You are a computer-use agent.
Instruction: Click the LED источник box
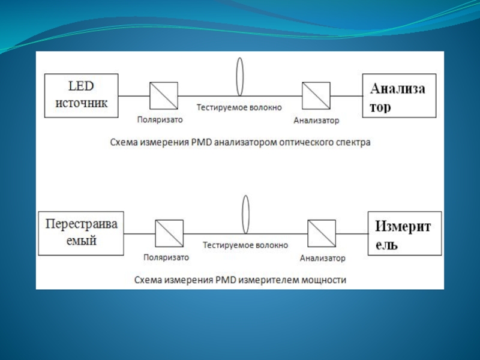(x=82, y=95)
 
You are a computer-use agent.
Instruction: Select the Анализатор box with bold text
(x=399, y=95)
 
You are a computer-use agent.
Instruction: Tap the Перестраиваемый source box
(x=81, y=233)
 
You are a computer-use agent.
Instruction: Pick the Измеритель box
(x=404, y=233)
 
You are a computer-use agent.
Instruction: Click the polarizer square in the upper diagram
(x=164, y=95)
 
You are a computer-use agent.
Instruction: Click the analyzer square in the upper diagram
(x=316, y=95)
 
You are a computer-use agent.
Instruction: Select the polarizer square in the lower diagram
(x=169, y=233)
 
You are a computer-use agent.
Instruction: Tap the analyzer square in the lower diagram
(x=322, y=233)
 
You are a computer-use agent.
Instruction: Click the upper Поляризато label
(x=160, y=119)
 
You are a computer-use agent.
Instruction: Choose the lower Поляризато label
(x=166, y=257)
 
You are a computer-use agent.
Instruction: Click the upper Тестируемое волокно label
(x=239, y=107)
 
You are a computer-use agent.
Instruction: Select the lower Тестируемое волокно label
(x=245, y=245)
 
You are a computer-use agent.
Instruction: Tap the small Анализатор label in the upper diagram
(x=317, y=121)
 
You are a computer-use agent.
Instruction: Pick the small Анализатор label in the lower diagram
(x=323, y=258)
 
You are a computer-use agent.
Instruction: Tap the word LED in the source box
(x=81, y=86)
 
